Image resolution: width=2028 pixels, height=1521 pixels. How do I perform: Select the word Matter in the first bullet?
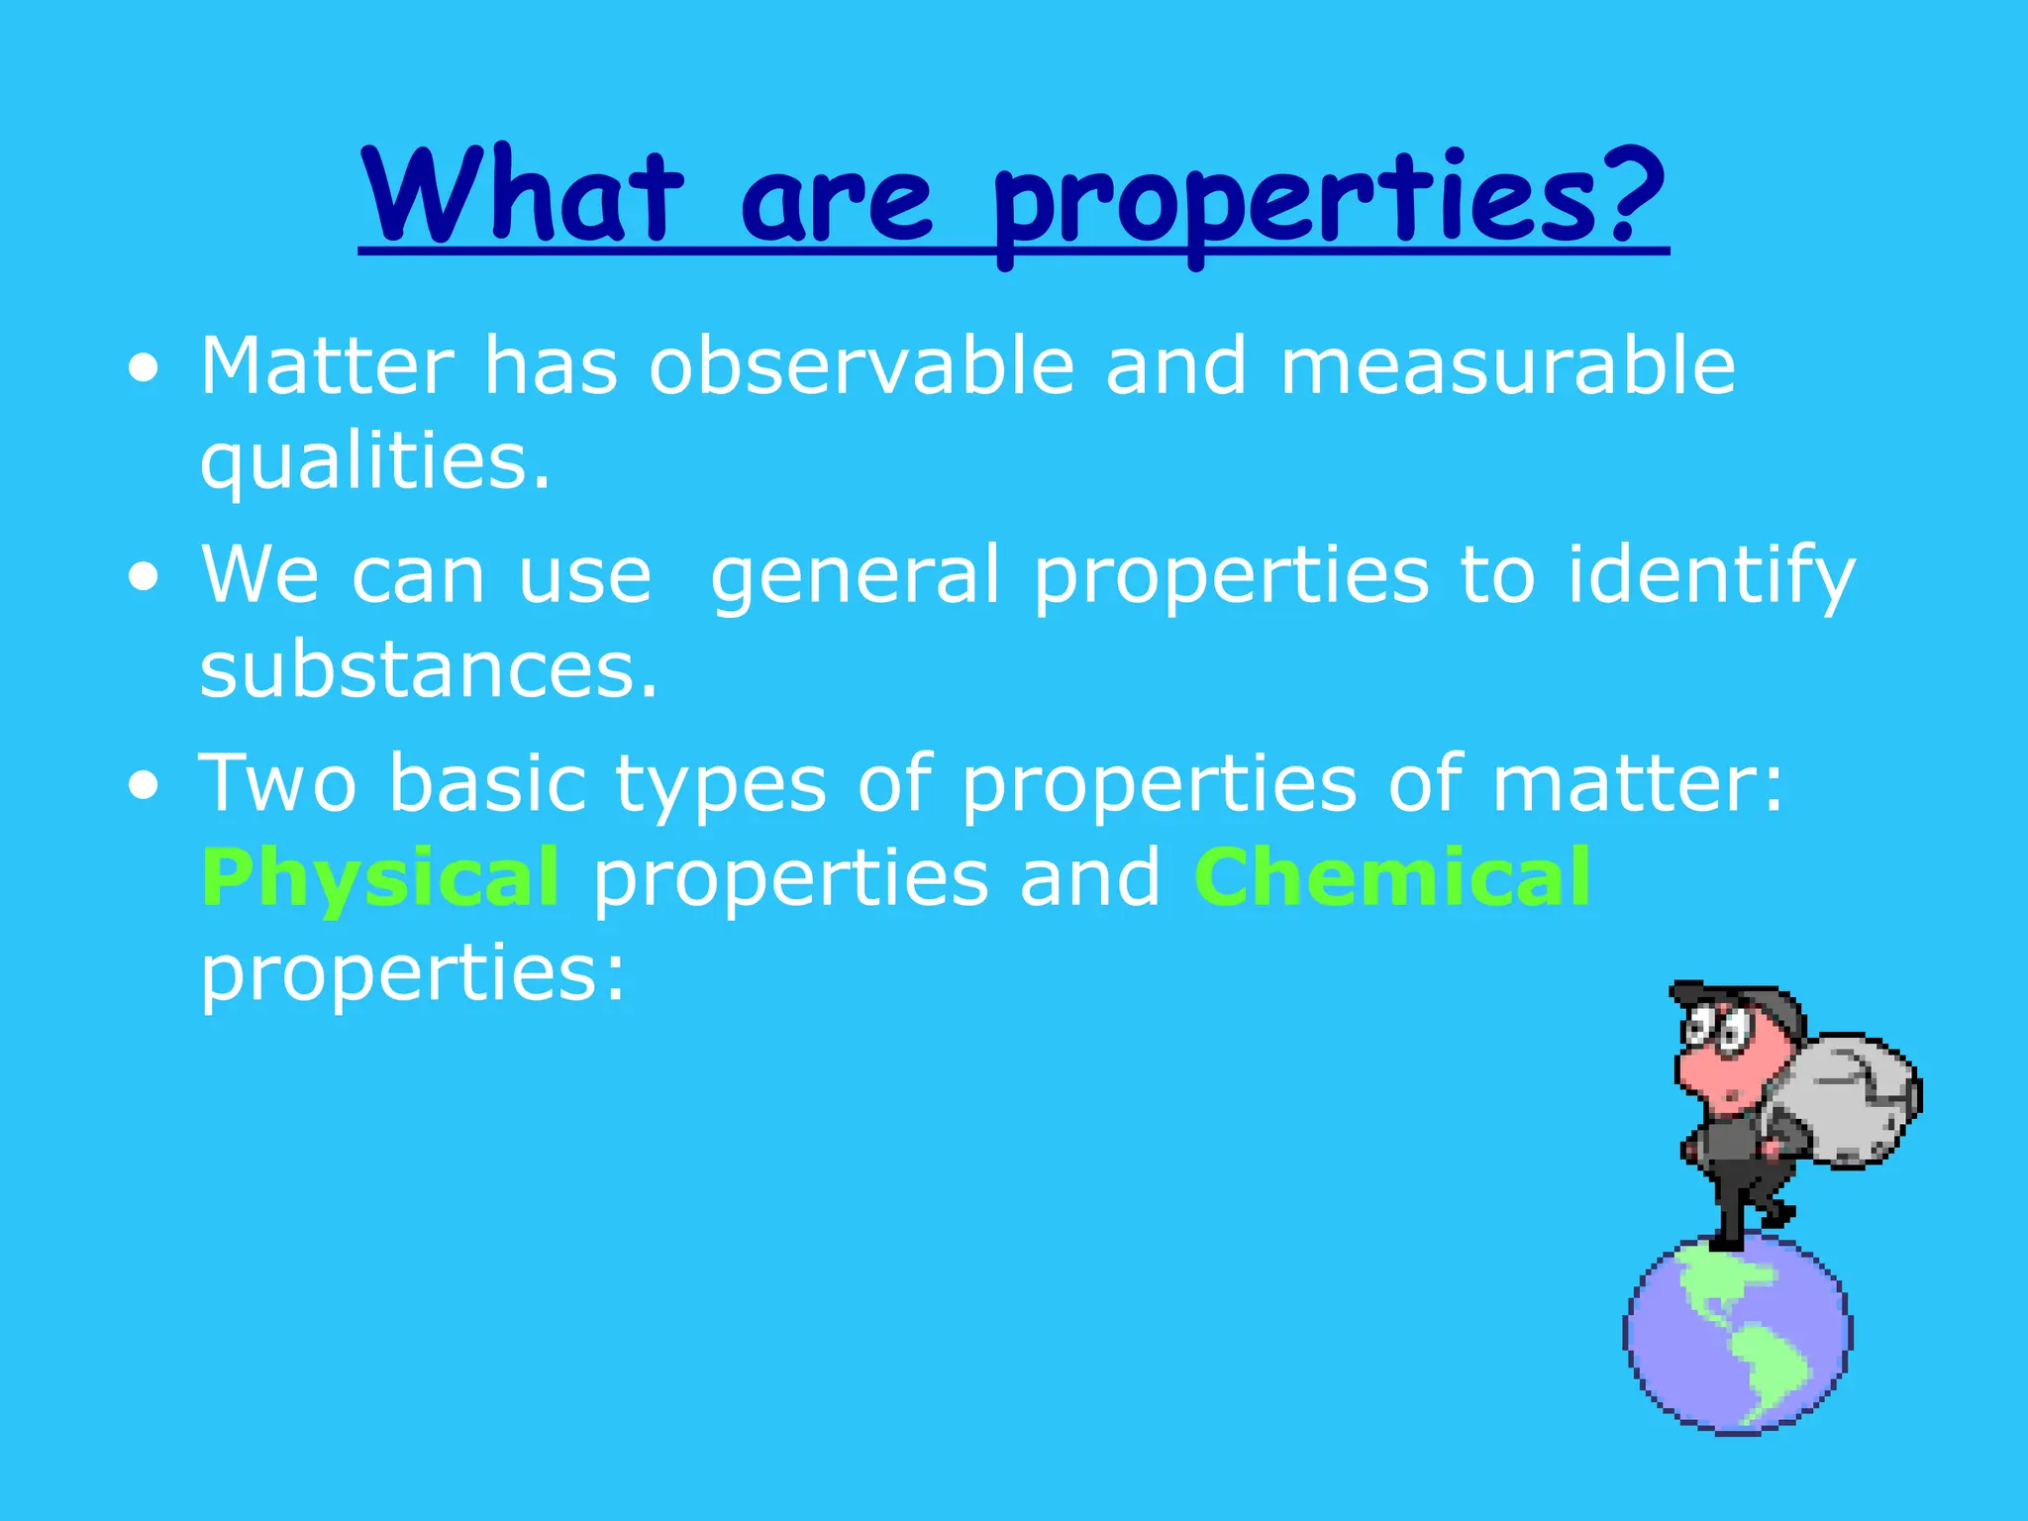(x=327, y=366)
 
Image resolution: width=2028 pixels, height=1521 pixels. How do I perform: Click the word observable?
(x=862, y=366)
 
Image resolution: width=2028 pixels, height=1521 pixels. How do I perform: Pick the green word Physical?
(x=380, y=879)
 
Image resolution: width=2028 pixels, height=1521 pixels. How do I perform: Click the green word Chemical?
(x=1391, y=877)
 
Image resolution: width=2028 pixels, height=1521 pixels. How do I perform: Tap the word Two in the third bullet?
(x=278, y=783)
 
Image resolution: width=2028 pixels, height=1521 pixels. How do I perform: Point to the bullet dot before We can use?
(x=144, y=578)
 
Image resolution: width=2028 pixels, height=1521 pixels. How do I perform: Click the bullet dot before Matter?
(x=144, y=370)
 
